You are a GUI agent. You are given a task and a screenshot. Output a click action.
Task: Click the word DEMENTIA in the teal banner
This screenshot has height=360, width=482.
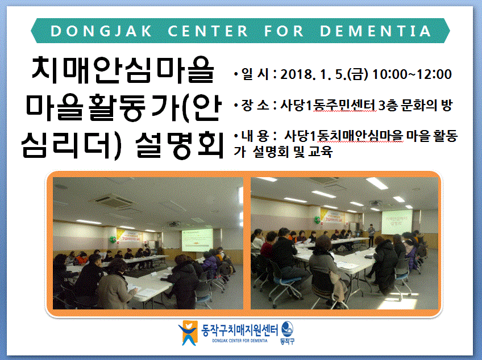(375, 31)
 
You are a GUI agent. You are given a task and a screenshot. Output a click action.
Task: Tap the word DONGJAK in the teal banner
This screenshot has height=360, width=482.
(101, 31)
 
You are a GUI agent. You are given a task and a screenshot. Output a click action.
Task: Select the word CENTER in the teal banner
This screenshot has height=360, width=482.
(208, 31)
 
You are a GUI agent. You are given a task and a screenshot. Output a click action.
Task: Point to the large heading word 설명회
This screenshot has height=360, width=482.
(179, 145)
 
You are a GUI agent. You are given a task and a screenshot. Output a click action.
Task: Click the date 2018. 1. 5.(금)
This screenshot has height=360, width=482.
(324, 74)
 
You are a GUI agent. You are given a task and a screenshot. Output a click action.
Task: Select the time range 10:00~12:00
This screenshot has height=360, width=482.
(412, 74)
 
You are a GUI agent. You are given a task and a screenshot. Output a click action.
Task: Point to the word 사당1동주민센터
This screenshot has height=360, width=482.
(328, 106)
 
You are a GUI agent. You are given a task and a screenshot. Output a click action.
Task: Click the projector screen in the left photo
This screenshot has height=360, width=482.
(197, 240)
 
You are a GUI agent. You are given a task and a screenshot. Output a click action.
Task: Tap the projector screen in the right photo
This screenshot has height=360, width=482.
(397, 222)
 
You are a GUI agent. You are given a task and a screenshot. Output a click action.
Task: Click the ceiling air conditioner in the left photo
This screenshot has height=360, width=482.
(114, 201)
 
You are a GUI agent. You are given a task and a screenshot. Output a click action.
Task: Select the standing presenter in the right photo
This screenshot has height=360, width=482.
(371, 235)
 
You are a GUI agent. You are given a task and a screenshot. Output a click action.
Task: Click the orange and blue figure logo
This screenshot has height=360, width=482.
(188, 333)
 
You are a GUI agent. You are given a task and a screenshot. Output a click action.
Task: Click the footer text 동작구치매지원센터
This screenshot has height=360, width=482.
(239, 330)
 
